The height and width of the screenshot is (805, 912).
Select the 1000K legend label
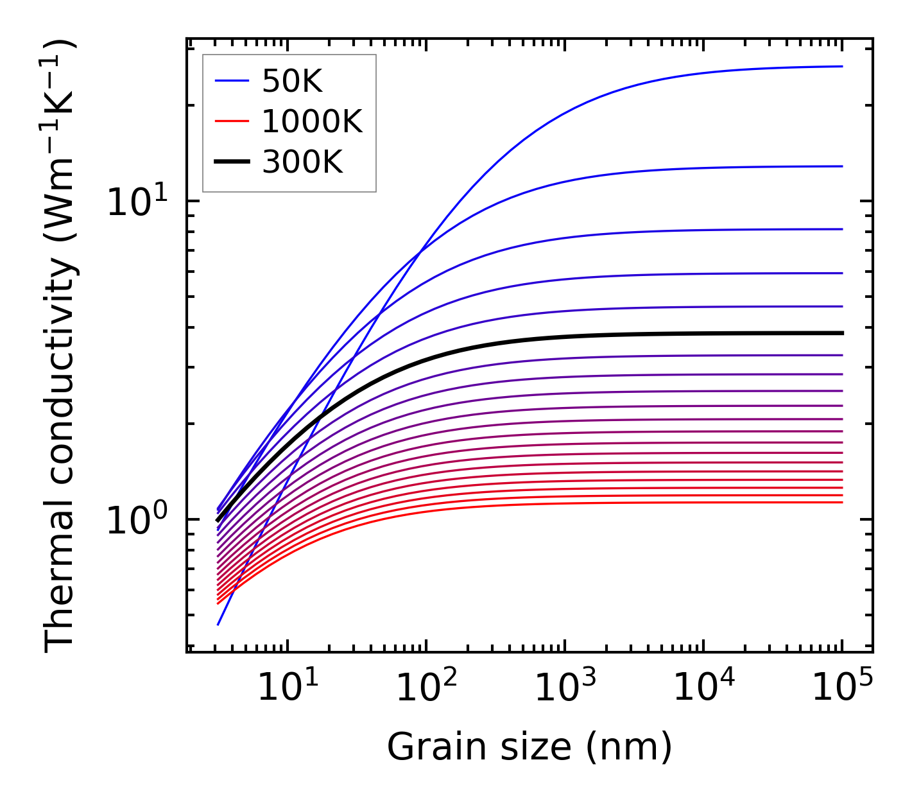[x=312, y=121]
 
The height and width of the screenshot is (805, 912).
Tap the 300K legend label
[x=302, y=162]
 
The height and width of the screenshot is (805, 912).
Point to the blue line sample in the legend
[x=231, y=81]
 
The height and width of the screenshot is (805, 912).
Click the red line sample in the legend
[x=231, y=121]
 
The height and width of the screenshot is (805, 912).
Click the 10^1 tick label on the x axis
[x=286, y=688]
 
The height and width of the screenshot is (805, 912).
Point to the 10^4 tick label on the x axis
[x=703, y=688]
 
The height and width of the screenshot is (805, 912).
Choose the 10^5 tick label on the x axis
[x=841, y=688]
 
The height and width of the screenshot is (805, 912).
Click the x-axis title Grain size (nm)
[x=529, y=747]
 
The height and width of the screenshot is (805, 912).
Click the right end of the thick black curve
[x=841, y=333]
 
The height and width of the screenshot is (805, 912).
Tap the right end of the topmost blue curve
[x=841, y=66]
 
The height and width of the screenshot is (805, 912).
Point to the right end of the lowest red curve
[x=841, y=502]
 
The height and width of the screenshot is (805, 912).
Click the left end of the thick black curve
[x=218, y=521]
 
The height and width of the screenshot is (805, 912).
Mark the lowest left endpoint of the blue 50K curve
[x=218, y=624]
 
